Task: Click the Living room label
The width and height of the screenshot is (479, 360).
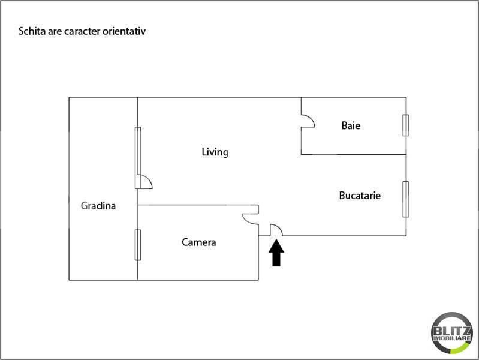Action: point(215,152)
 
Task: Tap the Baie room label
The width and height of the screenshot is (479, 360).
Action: point(351,125)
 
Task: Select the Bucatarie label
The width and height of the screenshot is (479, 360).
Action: point(360,196)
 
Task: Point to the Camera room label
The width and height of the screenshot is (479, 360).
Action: point(199,242)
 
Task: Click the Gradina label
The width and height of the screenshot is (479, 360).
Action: point(98,206)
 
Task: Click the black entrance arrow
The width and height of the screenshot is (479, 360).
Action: point(276,253)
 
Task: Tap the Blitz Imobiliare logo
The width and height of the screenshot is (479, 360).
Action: point(452,333)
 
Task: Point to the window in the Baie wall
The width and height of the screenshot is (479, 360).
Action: point(406,125)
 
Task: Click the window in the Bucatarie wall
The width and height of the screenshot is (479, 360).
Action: point(406,199)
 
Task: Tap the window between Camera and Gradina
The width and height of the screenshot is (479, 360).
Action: point(138,245)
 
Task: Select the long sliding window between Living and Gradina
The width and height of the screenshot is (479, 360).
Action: point(138,158)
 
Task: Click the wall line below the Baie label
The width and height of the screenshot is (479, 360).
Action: point(354,154)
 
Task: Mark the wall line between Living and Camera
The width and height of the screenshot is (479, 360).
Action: point(198,205)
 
